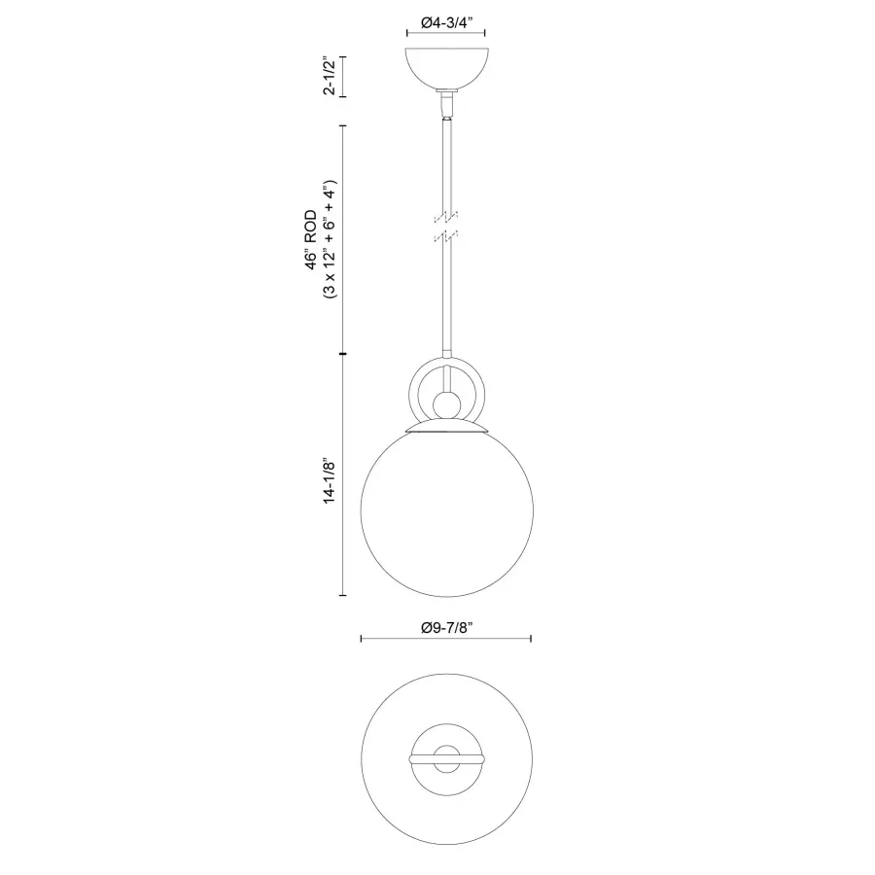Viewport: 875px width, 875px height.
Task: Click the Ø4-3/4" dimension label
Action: [447, 22]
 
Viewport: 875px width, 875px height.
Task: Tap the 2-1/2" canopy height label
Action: [331, 76]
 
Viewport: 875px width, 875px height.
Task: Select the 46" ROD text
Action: [311, 240]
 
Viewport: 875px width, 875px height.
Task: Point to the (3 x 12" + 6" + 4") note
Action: [331, 240]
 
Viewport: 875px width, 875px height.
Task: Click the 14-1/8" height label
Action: [331, 482]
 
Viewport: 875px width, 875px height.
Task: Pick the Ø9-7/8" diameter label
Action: [447, 628]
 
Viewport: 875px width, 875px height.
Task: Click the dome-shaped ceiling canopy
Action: [447, 69]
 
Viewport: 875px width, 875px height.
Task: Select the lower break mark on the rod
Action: [446, 235]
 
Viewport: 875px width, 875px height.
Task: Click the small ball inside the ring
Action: [447, 404]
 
